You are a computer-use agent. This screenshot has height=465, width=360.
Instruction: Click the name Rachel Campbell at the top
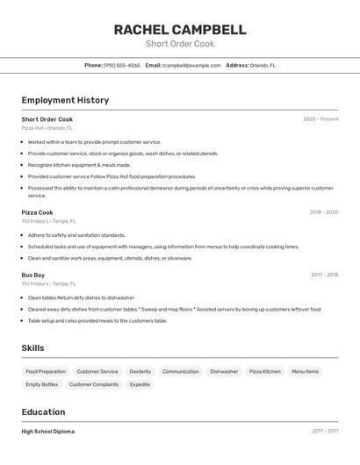click(179, 30)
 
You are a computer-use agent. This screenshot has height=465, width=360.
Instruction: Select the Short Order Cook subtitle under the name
click(179, 44)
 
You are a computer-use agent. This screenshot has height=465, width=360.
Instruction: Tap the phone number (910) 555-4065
click(121, 65)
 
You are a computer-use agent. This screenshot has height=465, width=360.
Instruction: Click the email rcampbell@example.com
click(191, 65)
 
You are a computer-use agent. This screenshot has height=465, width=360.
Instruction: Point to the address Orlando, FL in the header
click(263, 65)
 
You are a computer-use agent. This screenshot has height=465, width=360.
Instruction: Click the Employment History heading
click(65, 100)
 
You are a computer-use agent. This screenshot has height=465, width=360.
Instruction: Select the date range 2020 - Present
click(320, 119)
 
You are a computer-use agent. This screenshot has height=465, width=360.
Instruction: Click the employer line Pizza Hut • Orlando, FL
click(47, 128)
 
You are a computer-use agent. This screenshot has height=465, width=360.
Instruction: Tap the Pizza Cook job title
click(37, 212)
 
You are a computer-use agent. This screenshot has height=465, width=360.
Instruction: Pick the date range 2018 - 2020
click(323, 212)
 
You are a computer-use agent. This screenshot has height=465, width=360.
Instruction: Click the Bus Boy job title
click(33, 275)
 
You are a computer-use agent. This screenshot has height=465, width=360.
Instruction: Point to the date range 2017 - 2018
click(324, 275)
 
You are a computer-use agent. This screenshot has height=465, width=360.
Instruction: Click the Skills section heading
click(32, 348)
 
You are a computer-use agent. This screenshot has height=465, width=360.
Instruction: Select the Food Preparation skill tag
click(46, 372)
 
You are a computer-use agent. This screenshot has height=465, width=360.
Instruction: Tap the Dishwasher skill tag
click(224, 372)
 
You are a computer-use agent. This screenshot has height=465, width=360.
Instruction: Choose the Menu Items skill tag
click(305, 372)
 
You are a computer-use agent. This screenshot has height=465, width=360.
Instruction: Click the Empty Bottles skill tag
click(41, 384)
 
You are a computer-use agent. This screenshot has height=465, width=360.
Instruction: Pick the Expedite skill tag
click(140, 384)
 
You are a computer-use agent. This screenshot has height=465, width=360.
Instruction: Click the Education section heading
click(43, 412)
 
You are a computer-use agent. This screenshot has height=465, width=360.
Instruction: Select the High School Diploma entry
click(47, 432)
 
